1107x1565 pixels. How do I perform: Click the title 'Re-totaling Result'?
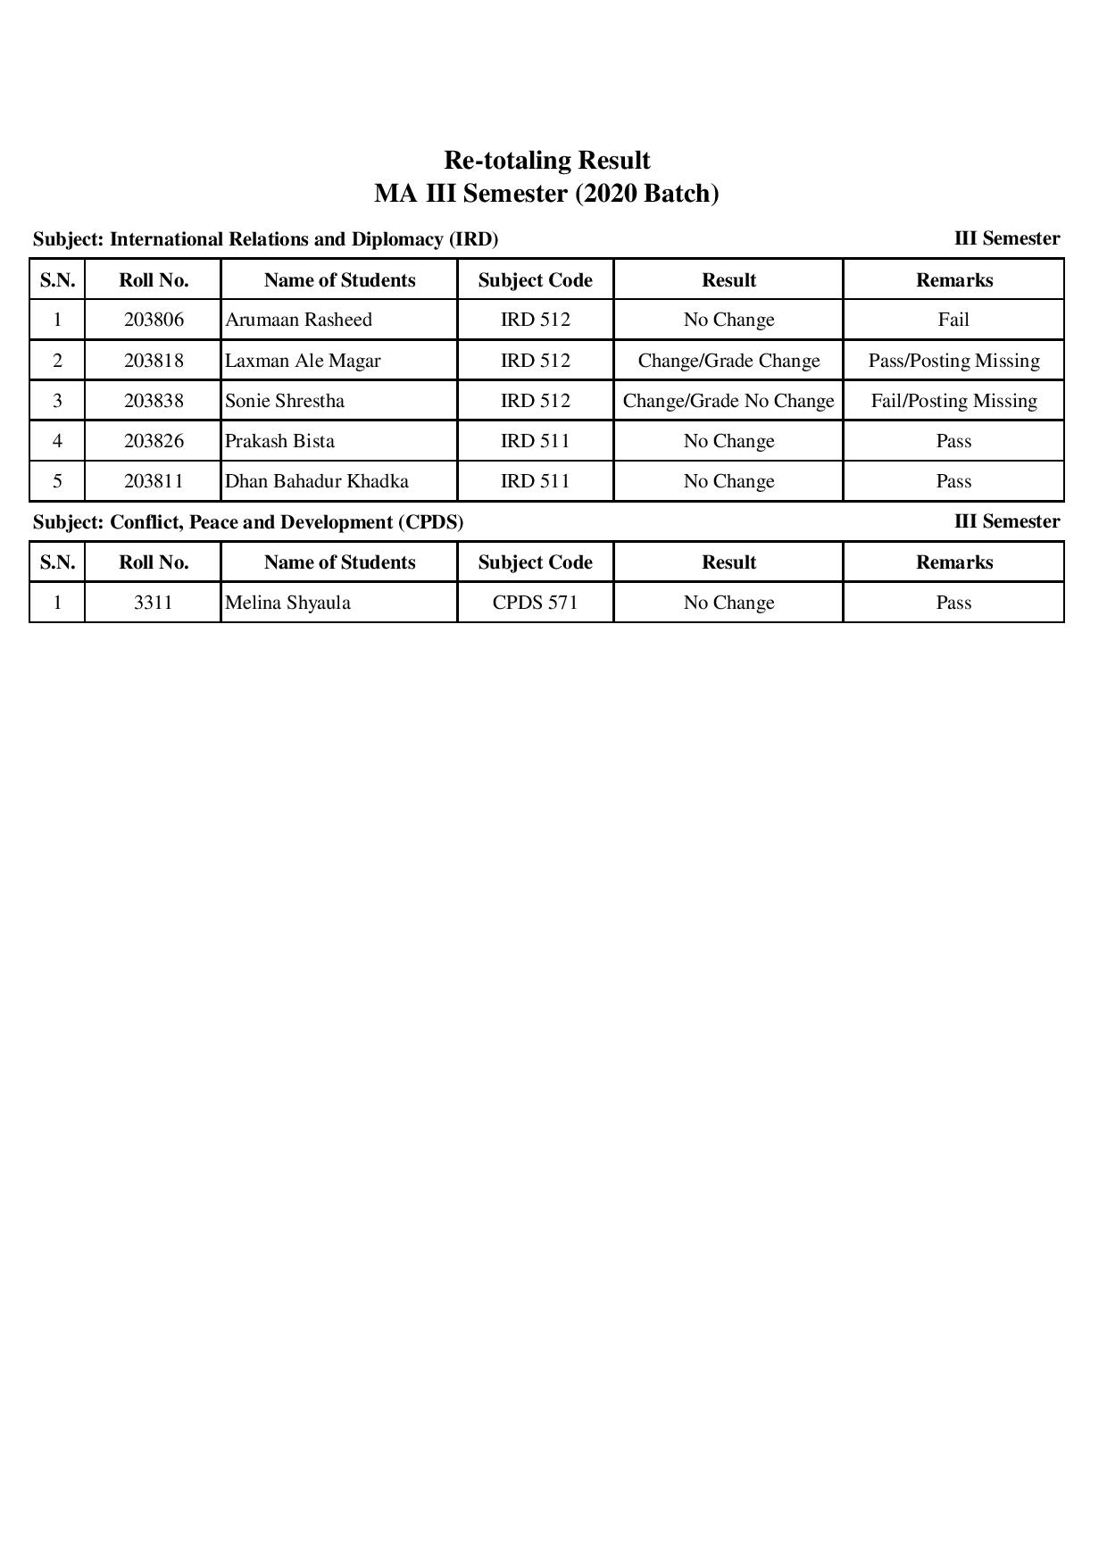pos(546,161)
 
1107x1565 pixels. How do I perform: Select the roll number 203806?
pos(154,320)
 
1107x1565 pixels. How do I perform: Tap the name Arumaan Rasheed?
pos(298,320)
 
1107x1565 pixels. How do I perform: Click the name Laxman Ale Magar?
pos(303,361)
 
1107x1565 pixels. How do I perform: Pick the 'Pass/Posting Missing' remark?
pos(953,361)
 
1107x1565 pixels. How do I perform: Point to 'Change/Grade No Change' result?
pos(728,401)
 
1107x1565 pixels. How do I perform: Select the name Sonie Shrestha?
pos(285,401)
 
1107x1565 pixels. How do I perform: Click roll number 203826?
pos(154,441)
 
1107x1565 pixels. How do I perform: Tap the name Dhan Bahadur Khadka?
pos(317,481)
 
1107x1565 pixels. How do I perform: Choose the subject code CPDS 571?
pos(535,603)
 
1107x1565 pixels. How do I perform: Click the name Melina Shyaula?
pos(287,603)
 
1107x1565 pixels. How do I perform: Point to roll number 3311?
pos(153,603)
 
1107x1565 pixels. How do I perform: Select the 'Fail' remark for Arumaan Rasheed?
pos(953,320)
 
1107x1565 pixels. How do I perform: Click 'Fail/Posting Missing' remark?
pos(953,401)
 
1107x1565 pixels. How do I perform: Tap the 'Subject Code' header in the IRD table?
pos(535,280)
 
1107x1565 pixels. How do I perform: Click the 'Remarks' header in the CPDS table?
pos(953,562)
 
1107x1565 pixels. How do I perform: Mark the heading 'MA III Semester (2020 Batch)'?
pos(546,194)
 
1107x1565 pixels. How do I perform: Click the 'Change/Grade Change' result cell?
pos(728,361)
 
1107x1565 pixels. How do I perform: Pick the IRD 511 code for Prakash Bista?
pos(535,441)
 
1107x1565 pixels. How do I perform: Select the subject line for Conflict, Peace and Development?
pos(248,522)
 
